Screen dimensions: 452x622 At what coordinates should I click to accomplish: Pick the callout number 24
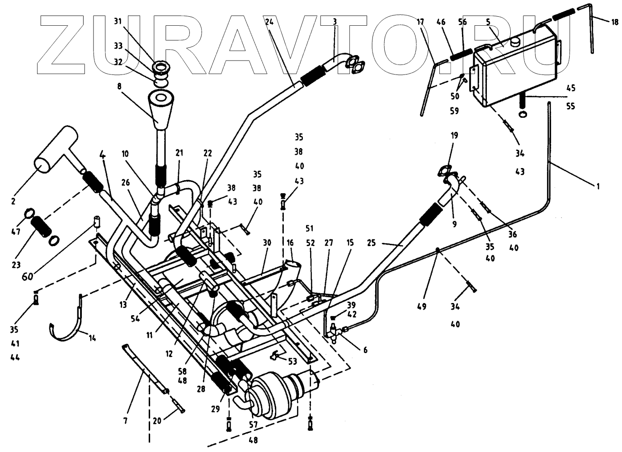click(270, 21)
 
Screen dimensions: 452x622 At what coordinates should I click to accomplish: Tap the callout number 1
click(598, 186)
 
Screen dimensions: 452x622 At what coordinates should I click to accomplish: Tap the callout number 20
click(157, 420)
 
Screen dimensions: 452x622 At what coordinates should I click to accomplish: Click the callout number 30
click(267, 243)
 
